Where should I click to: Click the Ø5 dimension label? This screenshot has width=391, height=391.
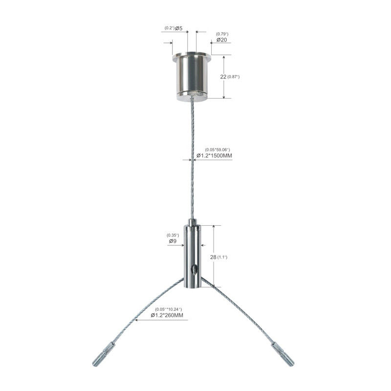tap(178, 28)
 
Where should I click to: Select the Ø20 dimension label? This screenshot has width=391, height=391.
tap(222, 40)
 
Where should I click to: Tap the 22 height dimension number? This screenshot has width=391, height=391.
tap(223, 77)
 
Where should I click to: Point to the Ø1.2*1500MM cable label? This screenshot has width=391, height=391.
tap(214, 155)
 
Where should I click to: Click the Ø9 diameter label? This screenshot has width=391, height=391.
tap(173, 241)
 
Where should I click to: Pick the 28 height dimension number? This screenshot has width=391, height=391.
tap(213, 257)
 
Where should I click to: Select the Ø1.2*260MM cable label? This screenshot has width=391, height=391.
tap(167, 315)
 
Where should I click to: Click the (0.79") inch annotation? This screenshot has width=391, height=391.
tap(222, 34)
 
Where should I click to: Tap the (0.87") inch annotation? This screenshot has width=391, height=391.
tap(234, 77)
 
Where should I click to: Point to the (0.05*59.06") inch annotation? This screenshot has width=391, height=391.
tap(217, 150)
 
